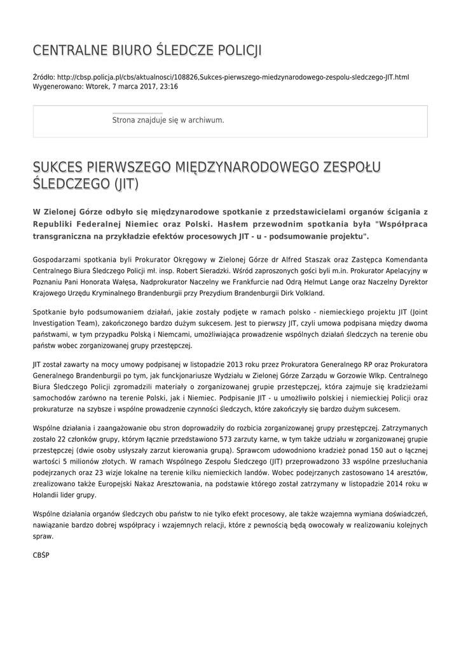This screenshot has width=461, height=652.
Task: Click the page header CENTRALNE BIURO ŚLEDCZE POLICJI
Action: coord(147,50)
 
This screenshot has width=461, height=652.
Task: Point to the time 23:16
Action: coord(169,86)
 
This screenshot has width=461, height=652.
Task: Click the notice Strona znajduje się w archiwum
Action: coord(168,120)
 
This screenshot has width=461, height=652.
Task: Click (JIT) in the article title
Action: coord(126,185)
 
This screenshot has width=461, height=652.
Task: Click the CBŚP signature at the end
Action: coord(41,555)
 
